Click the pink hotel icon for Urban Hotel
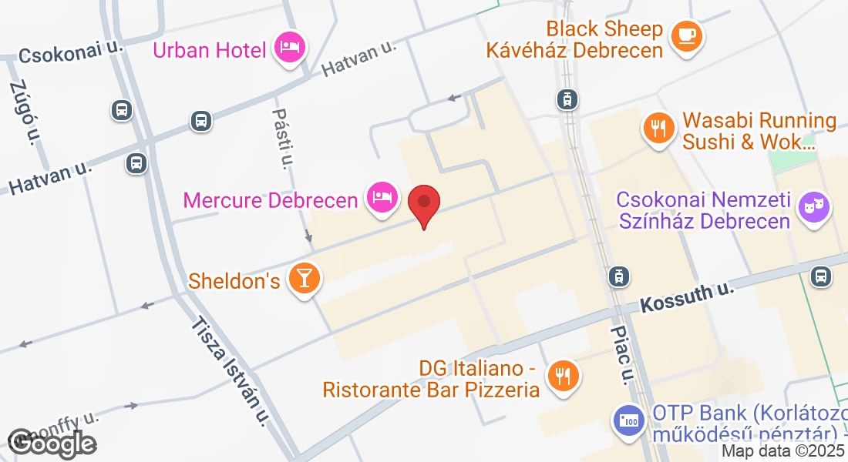(290, 49)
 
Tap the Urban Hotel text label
(210, 51)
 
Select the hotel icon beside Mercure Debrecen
(382, 198)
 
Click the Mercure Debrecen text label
(271, 200)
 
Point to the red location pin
(423, 204)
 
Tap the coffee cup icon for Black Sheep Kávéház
(685, 35)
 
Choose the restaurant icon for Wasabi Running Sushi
(658, 127)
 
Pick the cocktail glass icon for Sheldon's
(305, 278)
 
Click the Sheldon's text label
(234, 280)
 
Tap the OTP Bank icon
(629, 420)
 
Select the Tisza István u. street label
(231, 370)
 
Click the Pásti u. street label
(283, 138)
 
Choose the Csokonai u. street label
(72, 52)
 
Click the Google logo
(52, 442)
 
